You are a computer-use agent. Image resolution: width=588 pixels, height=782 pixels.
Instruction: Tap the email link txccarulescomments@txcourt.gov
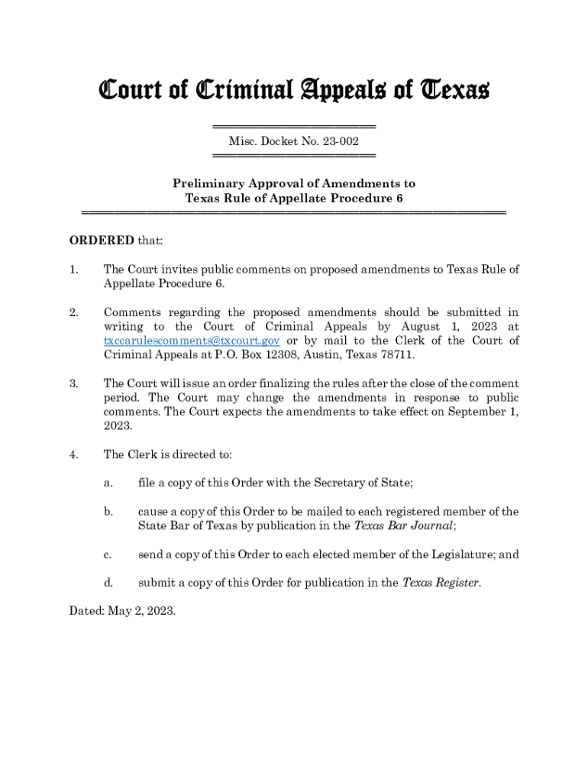[x=192, y=341]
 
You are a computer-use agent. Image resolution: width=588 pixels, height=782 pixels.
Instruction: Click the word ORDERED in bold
[x=102, y=241]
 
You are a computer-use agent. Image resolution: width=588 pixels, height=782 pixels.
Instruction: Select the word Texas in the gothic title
[x=454, y=91]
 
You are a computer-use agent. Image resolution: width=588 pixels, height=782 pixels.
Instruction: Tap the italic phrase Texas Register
[x=441, y=583]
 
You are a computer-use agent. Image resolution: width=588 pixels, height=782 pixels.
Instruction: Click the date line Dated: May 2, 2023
[x=123, y=610]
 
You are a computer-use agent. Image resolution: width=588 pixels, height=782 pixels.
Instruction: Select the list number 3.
[x=73, y=383]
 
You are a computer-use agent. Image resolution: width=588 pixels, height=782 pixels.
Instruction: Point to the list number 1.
[x=73, y=270]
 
